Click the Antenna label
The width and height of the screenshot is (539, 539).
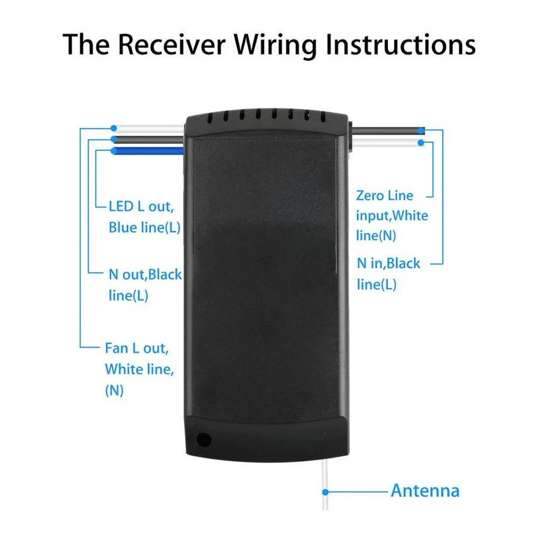tap(425, 491)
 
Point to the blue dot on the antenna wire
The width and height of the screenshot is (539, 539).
tap(326, 491)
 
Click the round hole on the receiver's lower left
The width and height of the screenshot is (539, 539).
tap(204, 440)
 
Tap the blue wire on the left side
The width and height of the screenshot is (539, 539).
tap(150, 151)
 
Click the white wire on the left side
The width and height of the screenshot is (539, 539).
tap(150, 128)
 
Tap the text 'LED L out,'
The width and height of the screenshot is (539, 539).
tap(141, 207)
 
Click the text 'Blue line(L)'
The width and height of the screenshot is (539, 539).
tap(144, 228)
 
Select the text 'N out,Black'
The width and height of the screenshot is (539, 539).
tap(145, 275)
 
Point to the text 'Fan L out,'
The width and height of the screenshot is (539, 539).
tap(137, 348)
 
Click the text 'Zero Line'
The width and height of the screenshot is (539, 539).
tap(384, 195)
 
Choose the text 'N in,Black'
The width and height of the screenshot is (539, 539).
tap(389, 263)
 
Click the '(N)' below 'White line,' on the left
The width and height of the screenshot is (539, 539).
tap(114, 390)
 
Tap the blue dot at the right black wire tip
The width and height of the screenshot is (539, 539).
tap(422, 130)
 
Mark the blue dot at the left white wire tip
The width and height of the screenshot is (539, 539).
tap(113, 128)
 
